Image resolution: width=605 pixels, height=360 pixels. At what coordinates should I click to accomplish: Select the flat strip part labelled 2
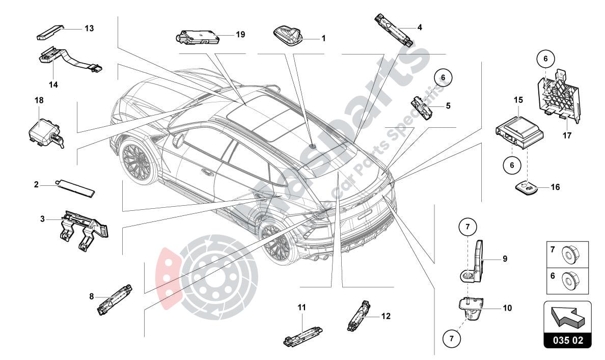click(x=76, y=187)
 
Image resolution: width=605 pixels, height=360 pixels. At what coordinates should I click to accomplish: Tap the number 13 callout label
click(x=89, y=29)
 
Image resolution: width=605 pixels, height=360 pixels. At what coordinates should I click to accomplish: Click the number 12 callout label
click(x=386, y=316)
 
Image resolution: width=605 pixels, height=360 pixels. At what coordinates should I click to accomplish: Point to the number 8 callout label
click(x=92, y=296)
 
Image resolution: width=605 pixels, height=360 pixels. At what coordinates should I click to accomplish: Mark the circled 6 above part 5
click(x=443, y=77)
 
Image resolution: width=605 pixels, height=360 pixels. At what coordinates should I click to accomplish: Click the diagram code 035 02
click(x=568, y=340)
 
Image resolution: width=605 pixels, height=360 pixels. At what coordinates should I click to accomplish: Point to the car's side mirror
click(x=178, y=140)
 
